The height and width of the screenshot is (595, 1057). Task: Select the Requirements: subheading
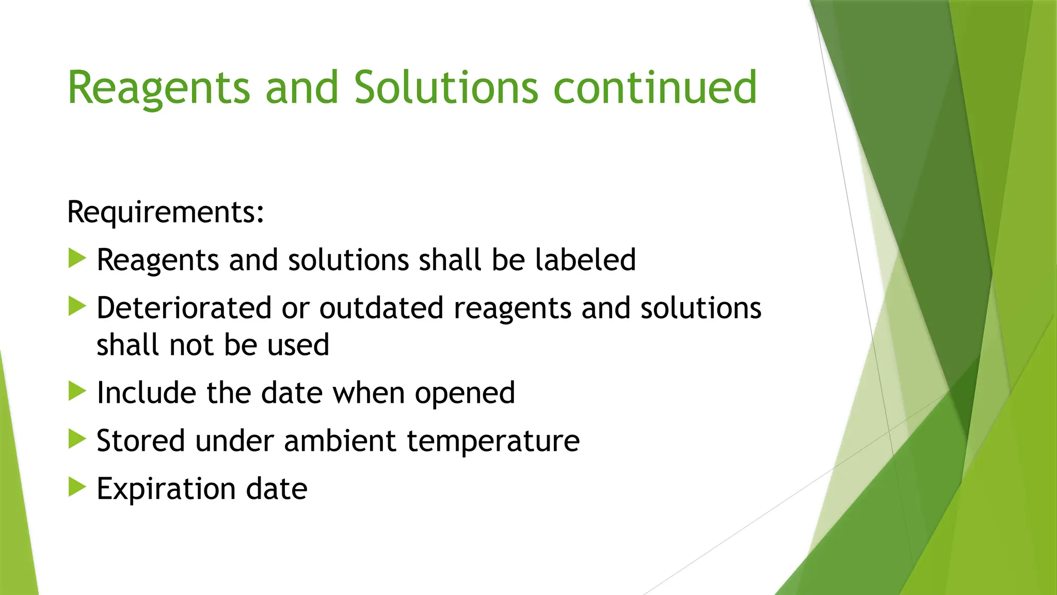166,212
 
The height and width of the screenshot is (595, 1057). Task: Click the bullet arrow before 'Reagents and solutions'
77,258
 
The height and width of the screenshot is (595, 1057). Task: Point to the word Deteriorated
184,308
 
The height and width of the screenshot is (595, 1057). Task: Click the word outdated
381,308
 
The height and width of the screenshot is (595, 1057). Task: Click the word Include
147,393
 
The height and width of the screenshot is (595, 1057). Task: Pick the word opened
465,394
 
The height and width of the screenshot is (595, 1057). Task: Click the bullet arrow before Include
77,392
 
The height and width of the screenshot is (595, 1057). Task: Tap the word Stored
141,441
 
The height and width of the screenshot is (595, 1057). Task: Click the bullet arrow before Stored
77,440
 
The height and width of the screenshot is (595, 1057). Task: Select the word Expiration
166,489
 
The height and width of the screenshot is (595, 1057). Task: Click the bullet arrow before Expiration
77,487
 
